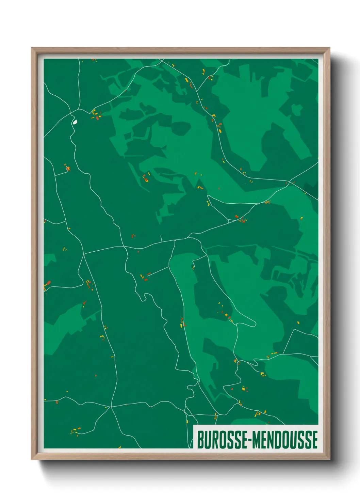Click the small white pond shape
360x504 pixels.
(x=75, y=122)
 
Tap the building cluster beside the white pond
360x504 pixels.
(x=96, y=115)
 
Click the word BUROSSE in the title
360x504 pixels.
(x=223, y=440)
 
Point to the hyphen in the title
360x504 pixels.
(x=250, y=440)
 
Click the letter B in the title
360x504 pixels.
(x=200, y=440)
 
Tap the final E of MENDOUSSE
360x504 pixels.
(x=314, y=440)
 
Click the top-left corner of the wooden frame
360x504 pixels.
(x=32, y=48)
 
